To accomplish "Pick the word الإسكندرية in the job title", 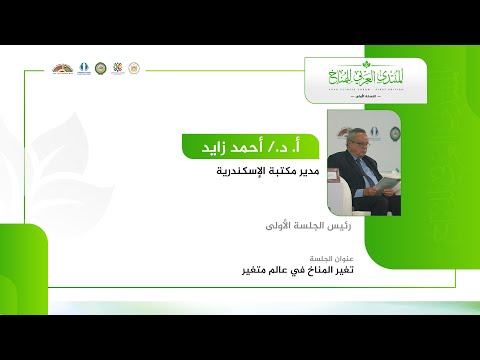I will pyautogui.click(x=230, y=171).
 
